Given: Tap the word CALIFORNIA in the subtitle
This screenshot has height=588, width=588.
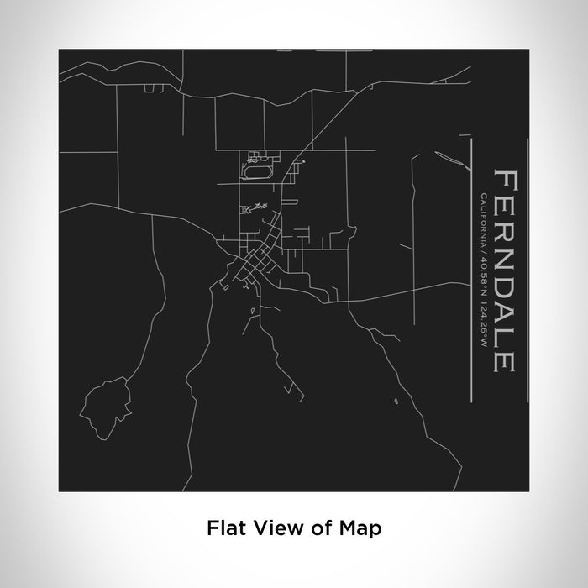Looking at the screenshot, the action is [484, 217].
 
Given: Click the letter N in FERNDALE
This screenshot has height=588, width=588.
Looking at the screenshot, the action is [505, 253].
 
